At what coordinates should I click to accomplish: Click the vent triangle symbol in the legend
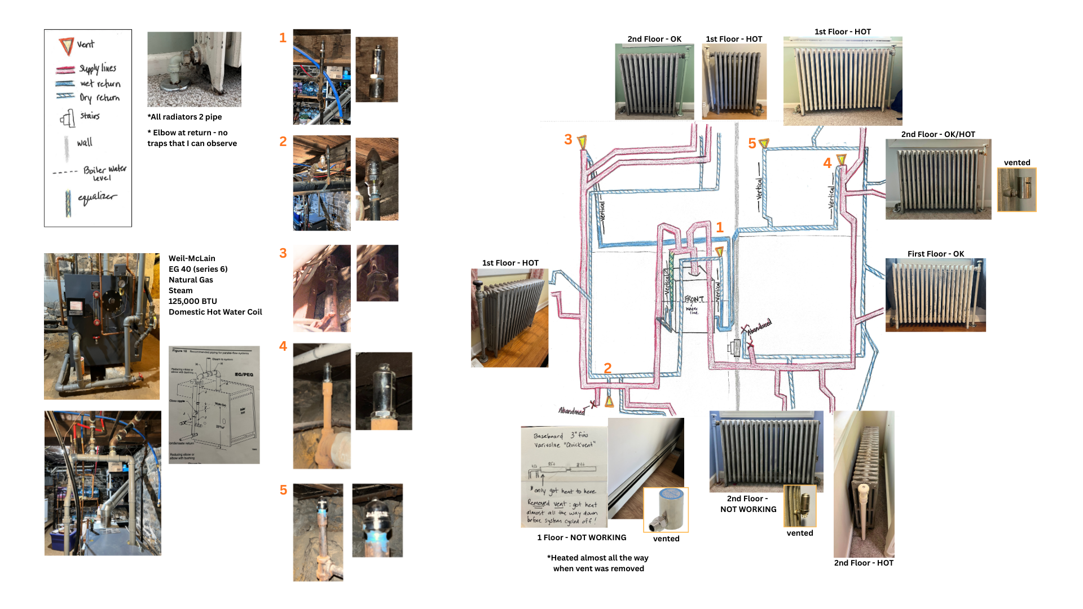(x=67, y=46)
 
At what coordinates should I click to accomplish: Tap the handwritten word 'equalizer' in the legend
(x=97, y=197)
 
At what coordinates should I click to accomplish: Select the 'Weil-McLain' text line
(x=192, y=258)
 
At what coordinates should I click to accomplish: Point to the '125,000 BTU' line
(x=192, y=301)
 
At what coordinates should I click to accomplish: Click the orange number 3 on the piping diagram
(x=568, y=139)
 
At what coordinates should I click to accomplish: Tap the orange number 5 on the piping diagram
(x=752, y=144)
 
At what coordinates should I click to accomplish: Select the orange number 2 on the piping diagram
(x=607, y=368)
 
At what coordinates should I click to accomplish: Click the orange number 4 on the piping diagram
(x=827, y=164)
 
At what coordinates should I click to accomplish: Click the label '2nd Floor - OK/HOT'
(x=937, y=134)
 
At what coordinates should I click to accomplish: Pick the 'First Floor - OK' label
(x=935, y=254)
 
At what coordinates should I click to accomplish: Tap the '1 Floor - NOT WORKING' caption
(x=582, y=537)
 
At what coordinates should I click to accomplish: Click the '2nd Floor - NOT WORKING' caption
(x=748, y=504)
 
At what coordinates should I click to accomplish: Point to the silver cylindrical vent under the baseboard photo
(x=666, y=509)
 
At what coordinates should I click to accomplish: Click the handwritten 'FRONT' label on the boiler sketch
(x=694, y=299)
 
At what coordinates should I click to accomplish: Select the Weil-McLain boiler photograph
(x=102, y=326)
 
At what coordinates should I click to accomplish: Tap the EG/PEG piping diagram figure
(x=214, y=405)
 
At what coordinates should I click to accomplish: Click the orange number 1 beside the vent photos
(x=283, y=38)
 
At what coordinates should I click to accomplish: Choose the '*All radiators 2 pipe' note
(x=185, y=117)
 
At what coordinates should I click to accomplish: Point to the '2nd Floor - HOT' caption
(x=863, y=563)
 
